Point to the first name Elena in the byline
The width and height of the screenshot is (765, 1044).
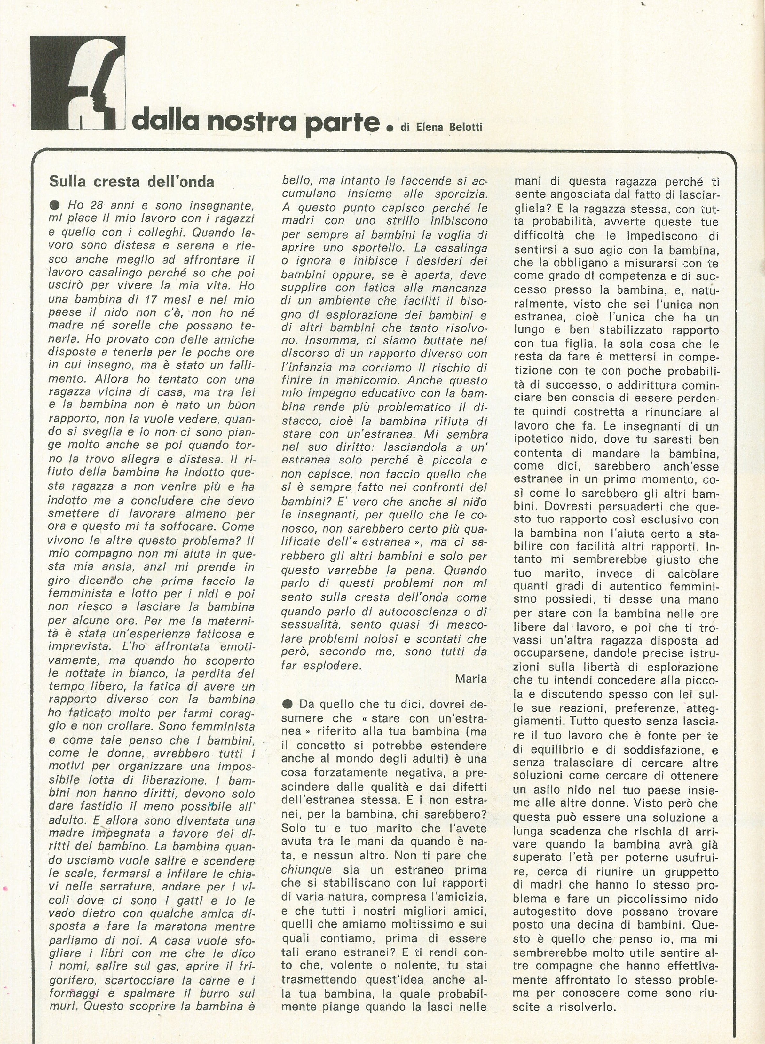click(426, 127)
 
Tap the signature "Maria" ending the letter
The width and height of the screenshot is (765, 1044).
click(470, 678)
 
